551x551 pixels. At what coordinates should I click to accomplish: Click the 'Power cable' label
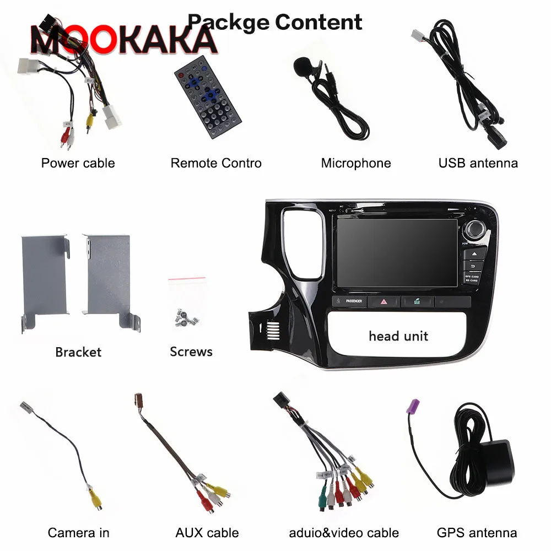[78, 163]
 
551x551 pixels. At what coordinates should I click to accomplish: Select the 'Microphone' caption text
[355, 163]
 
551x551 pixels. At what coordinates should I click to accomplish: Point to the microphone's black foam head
[302, 68]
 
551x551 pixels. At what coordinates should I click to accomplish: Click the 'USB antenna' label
[478, 163]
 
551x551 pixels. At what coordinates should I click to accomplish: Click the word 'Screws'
[191, 352]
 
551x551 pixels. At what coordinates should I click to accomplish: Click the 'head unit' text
[398, 336]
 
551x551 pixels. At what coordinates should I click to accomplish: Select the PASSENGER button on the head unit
[349, 301]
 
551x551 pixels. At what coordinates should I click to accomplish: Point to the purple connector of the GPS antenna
[413, 409]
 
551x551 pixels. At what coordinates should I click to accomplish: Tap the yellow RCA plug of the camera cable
[90, 500]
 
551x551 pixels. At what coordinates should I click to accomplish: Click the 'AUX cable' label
[207, 533]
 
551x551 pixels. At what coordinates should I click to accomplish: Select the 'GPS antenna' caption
[477, 533]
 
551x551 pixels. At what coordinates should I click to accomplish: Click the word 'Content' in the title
[318, 22]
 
